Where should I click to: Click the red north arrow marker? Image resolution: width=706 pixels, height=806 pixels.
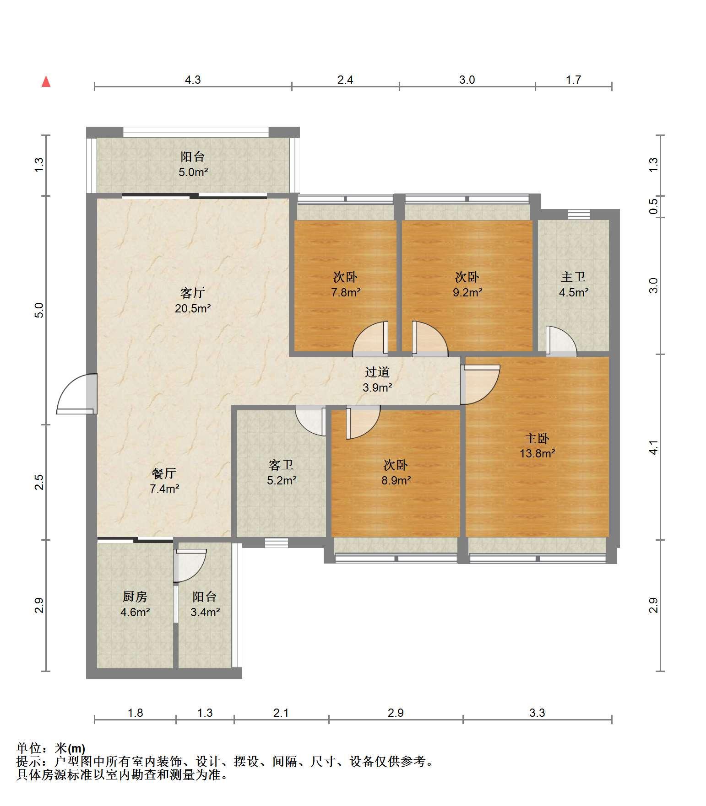point(46,81)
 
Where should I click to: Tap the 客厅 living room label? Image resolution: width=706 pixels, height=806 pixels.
point(192,293)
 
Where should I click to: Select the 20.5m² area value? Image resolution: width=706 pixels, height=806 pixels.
point(193,308)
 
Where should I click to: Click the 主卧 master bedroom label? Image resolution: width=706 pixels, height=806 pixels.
point(537,438)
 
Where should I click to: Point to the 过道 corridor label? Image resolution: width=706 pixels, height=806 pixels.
point(377,372)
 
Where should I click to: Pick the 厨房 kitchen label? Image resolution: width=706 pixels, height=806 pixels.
point(135,596)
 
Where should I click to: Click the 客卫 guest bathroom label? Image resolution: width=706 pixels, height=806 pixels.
point(281,465)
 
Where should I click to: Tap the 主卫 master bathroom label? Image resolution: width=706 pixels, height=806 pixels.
point(573,277)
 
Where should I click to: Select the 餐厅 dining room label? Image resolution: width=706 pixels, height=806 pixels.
point(164,473)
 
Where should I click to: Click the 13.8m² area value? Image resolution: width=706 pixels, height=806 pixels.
point(538,454)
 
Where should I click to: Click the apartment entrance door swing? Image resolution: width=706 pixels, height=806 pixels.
point(77,394)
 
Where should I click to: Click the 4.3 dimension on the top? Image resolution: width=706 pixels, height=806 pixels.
point(193,80)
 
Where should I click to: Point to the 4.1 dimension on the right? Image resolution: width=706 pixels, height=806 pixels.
point(654,447)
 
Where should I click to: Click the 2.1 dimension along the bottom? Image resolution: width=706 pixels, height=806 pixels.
point(281,713)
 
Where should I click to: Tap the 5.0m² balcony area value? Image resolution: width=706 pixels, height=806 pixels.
point(193,172)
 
